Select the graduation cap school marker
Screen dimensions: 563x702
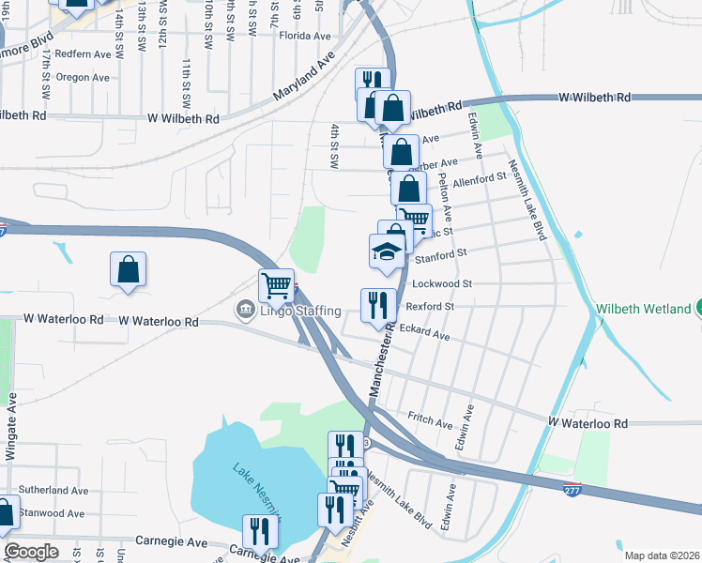tap(386, 251)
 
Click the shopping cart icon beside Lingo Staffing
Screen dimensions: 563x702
tap(277, 284)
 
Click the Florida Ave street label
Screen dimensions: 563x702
tap(305, 36)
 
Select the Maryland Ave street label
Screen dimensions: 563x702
tap(304, 77)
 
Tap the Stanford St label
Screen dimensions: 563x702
tap(440, 254)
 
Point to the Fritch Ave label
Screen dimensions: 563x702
tap(430, 417)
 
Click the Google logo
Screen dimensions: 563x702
tap(32, 552)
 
